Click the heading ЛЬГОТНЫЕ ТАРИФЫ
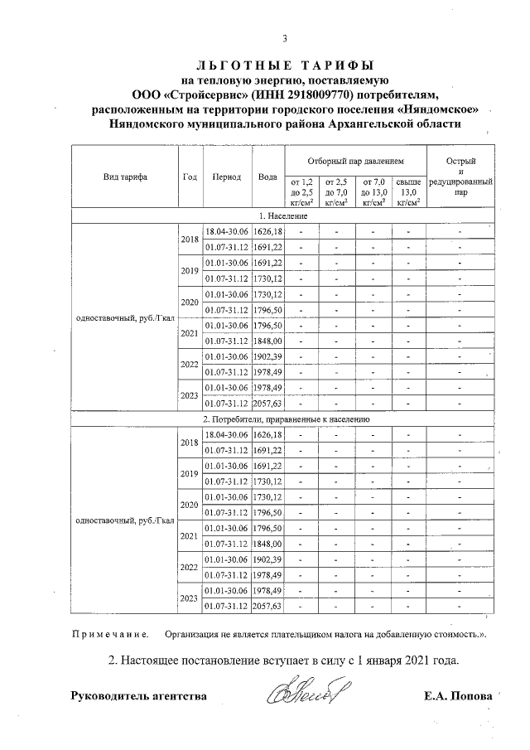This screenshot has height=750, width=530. click(x=285, y=65)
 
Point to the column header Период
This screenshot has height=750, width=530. click(x=226, y=177)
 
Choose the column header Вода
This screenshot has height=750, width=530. click(x=267, y=177)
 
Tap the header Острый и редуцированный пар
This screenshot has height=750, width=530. click(x=460, y=177)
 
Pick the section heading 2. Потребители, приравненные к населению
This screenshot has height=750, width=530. click(x=284, y=419)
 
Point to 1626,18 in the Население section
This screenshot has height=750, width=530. click(x=267, y=231)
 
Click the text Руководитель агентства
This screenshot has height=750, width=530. click(x=139, y=696)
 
